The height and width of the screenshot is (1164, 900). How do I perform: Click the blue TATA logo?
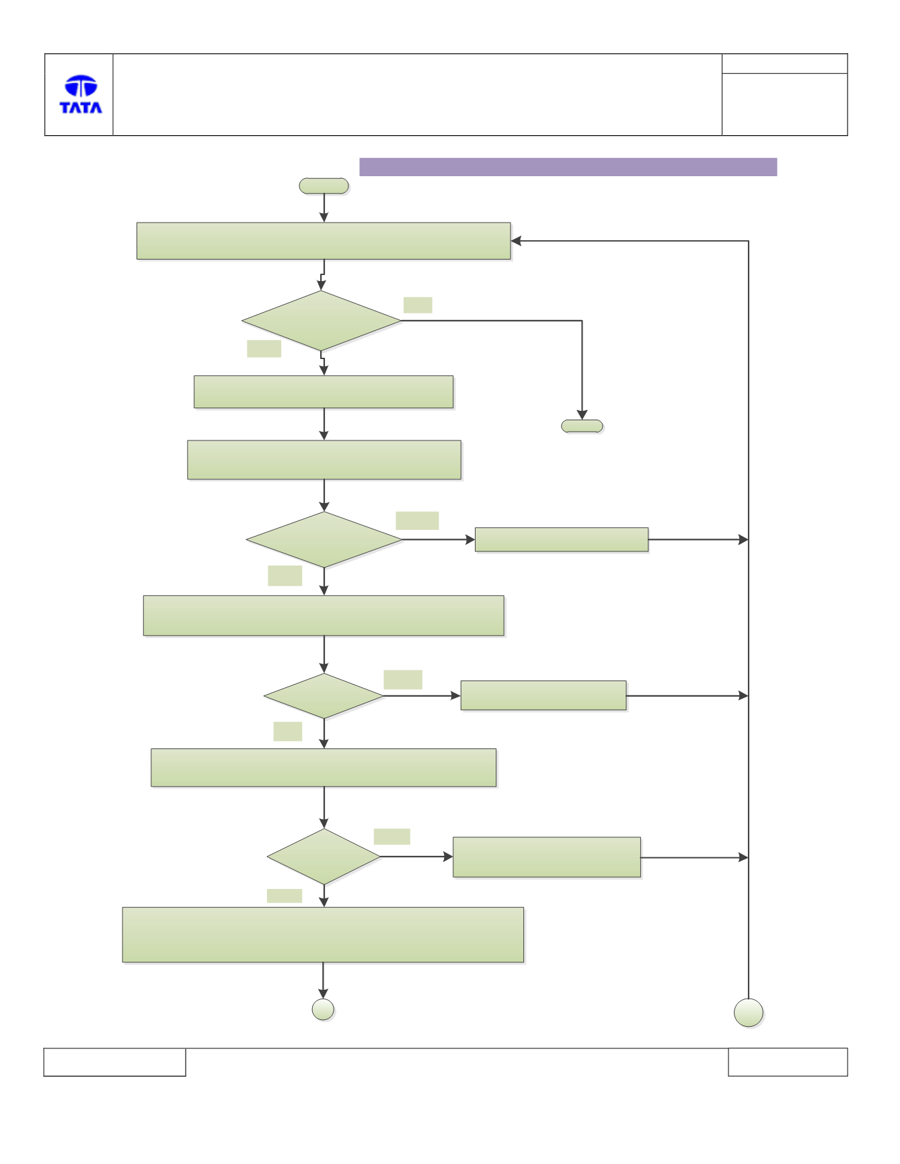(x=81, y=94)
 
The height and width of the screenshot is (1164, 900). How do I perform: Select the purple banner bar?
(x=568, y=167)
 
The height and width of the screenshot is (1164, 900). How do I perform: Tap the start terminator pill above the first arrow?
(x=324, y=186)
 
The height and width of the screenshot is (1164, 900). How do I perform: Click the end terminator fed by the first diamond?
(x=582, y=426)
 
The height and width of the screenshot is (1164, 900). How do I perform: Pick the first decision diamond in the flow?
(x=322, y=321)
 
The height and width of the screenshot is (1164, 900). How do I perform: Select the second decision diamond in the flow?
(x=324, y=539)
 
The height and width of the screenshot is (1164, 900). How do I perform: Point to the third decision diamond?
(x=324, y=696)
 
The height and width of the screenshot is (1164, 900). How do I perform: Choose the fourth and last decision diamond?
(x=324, y=857)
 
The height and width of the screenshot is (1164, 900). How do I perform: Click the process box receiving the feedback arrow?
(x=324, y=241)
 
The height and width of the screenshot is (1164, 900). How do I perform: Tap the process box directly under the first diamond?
(x=324, y=392)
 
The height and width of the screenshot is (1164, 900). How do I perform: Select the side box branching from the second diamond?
(x=562, y=539)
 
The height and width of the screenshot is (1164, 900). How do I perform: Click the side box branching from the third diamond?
(x=543, y=695)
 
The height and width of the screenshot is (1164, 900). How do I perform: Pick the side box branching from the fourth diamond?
(x=547, y=857)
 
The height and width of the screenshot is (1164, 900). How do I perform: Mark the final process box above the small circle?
(x=323, y=935)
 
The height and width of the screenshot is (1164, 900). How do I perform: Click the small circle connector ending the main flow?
(x=324, y=1009)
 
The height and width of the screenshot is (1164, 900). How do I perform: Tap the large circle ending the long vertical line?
(x=749, y=1013)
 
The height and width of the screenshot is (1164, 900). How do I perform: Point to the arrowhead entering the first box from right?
(x=516, y=241)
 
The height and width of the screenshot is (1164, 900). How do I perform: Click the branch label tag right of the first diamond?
(x=418, y=305)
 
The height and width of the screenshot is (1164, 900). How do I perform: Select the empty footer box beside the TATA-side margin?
(x=114, y=1062)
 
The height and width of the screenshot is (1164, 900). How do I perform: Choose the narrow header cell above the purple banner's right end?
(x=784, y=63)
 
